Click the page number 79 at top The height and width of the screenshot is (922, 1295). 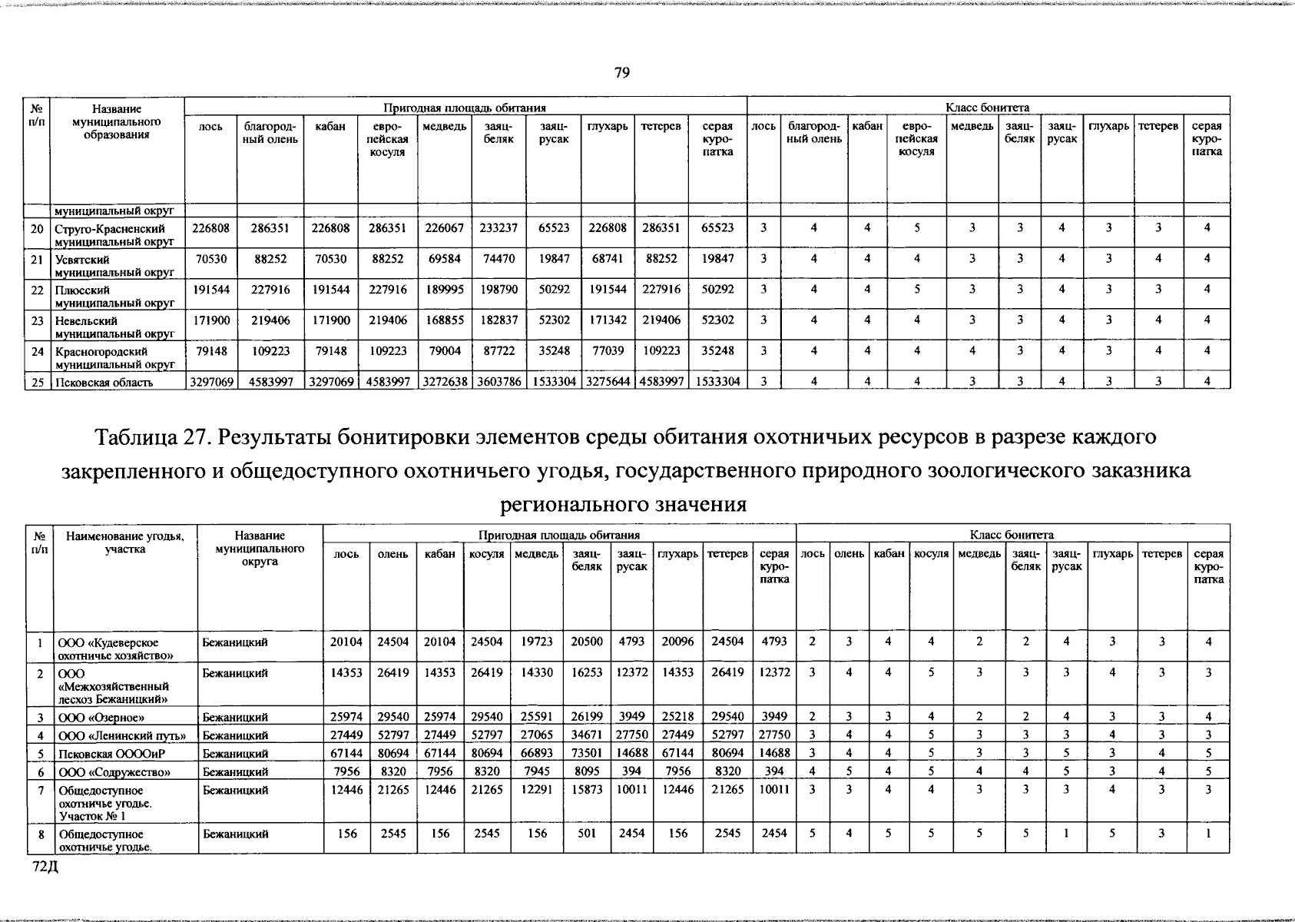click(621, 72)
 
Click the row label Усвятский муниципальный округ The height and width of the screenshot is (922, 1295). click(114, 266)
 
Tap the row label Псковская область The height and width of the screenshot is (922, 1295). click(103, 383)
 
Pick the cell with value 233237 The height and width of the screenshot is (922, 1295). click(498, 228)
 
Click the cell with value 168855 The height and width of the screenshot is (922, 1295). click(443, 320)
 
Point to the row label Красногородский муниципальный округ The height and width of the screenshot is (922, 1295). click(114, 357)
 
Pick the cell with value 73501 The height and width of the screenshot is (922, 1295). click(587, 754)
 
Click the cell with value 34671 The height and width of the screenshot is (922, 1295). click(587, 735)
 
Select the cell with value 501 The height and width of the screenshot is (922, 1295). click(587, 833)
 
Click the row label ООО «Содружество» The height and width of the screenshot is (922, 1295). click(114, 772)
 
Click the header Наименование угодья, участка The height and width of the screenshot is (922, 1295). click(124, 542)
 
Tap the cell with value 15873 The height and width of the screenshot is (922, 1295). click(587, 790)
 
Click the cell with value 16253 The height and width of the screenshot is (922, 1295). click(587, 673)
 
